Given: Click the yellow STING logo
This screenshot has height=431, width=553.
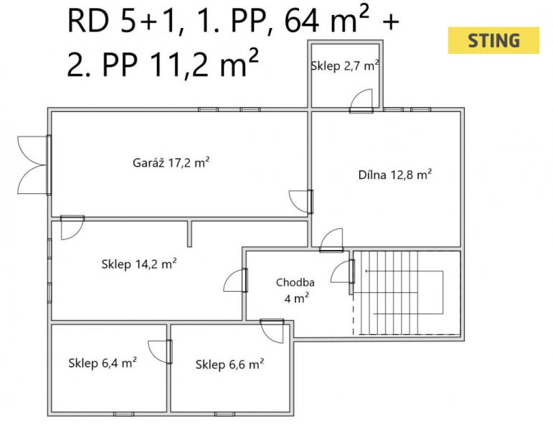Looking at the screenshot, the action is tap(493, 40).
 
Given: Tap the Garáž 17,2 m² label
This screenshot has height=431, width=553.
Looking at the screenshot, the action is tap(171, 162).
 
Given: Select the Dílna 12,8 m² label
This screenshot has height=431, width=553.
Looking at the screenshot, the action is tap(395, 175).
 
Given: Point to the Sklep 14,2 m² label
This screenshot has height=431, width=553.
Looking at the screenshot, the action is tap(139, 264).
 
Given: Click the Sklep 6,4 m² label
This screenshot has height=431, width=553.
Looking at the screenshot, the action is tap(103, 363).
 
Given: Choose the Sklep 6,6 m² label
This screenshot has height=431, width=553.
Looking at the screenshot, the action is tap(230, 364).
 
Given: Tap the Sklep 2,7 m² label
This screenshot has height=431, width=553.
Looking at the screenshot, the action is tap(345, 65).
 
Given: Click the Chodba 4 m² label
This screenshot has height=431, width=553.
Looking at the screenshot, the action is tap(296, 290).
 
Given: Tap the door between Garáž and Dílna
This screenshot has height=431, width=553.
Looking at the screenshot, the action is tap(301, 202).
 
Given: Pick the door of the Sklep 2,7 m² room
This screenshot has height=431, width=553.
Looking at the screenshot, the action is tap(361, 101).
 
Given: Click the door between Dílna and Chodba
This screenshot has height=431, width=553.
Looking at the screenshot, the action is tap(331, 240).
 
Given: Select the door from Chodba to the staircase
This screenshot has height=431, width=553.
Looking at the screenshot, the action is tap(342, 272).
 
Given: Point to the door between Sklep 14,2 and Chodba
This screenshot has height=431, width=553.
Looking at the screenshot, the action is tap(235, 280).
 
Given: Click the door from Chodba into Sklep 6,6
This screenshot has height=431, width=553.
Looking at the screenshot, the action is tap(272, 330).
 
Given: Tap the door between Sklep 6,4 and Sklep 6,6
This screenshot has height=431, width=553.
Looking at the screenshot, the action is tap(160, 352).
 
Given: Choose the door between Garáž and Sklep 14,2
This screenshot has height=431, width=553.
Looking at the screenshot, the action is tap(72, 228).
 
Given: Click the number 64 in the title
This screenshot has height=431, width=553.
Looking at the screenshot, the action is tap(302, 22).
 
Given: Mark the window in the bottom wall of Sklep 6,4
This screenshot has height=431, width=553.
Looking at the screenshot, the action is tap(124, 414).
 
